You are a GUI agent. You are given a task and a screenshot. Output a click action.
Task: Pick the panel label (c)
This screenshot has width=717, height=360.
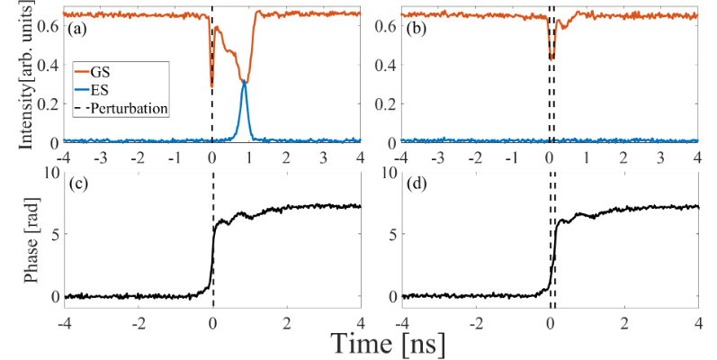pyautogui.click(x=78, y=184)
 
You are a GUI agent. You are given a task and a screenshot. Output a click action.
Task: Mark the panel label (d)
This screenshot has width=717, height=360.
pyautogui.click(x=416, y=184)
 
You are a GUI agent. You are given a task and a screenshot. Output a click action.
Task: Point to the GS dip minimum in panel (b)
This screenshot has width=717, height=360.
pyautogui.click(x=551, y=58)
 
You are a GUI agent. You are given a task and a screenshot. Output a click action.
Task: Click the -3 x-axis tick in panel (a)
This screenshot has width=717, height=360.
pyautogui.click(x=100, y=157)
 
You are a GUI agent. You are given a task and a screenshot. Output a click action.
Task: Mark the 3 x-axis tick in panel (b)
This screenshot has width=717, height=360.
pyautogui.click(x=661, y=157)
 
